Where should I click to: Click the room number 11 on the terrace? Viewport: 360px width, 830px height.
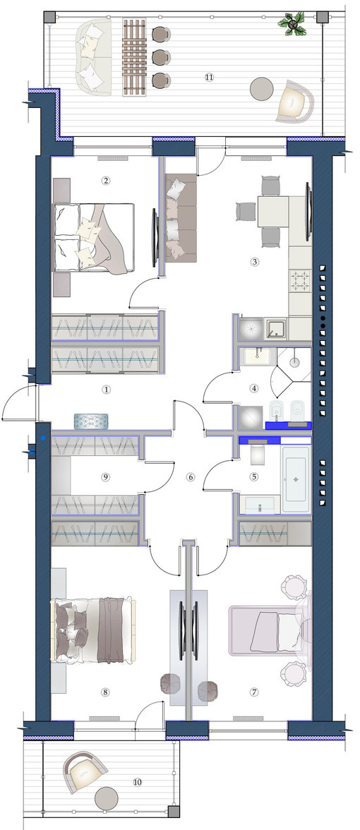pyautogui.click(x=208, y=76)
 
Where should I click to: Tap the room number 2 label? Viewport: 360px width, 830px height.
pyautogui.click(x=105, y=180)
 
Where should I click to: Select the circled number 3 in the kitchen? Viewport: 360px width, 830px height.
pyautogui.click(x=255, y=262)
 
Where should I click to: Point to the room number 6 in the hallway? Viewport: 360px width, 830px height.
pyautogui.click(x=190, y=477)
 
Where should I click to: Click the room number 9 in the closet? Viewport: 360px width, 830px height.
pyautogui.click(x=105, y=477)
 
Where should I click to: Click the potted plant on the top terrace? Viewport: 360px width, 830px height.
pyautogui.click(x=292, y=23)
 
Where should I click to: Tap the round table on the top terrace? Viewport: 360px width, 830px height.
pyautogui.click(x=262, y=89)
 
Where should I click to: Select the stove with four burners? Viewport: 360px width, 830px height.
pyautogui.click(x=300, y=283)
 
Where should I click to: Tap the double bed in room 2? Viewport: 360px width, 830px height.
pyautogui.click(x=95, y=237)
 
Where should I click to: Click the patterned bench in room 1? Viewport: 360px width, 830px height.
pyautogui.click(x=91, y=421)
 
